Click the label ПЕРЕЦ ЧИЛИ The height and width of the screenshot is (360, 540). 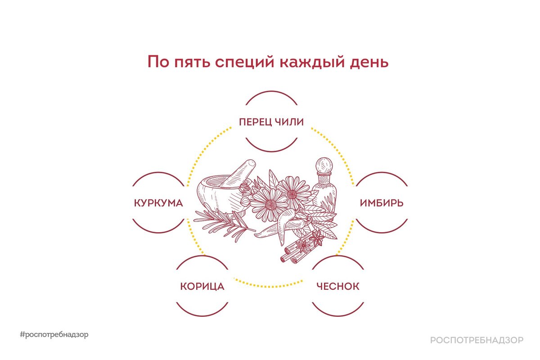pyautogui.click(x=271, y=122)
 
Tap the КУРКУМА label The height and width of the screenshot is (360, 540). pyautogui.click(x=158, y=203)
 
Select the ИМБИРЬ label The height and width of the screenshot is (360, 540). pyautogui.click(x=382, y=203)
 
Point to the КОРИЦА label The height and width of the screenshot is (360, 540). pyautogui.click(x=202, y=287)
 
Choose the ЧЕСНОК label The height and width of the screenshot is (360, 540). pyautogui.click(x=337, y=287)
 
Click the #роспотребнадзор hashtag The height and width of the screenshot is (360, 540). pyautogui.click(x=54, y=335)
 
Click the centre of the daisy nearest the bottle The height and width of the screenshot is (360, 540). pyautogui.click(x=293, y=194)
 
